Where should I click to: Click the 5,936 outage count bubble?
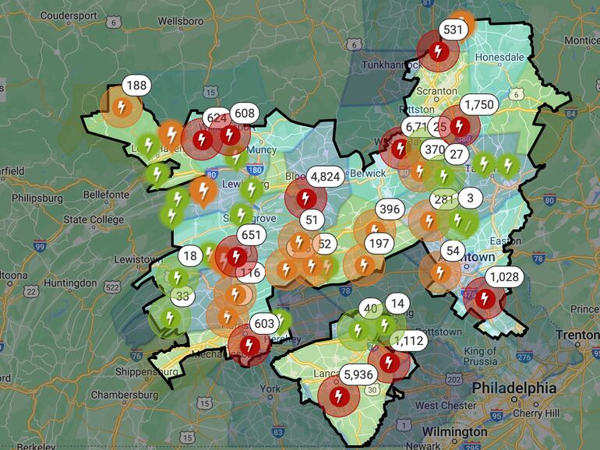pyautogui.click(x=358, y=374)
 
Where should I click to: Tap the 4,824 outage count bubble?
pyautogui.click(x=325, y=177)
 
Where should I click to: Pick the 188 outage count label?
pyautogui.click(x=136, y=86)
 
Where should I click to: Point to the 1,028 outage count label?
pyautogui.click(x=503, y=277)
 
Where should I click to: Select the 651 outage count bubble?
pyautogui.click(x=251, y=235)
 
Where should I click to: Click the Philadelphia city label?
pyautogui.click(x=512, y=388)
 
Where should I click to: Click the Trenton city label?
pyautogui.click(x=577, y=335)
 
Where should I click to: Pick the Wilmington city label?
pyautogui.click(x=454, y=431)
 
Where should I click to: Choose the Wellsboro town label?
pyautogui.click(x=181, y=21)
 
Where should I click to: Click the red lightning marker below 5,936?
pyautogui.click(x=338, y=396)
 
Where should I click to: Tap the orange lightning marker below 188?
pyautogui.click(x=121, y=107)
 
